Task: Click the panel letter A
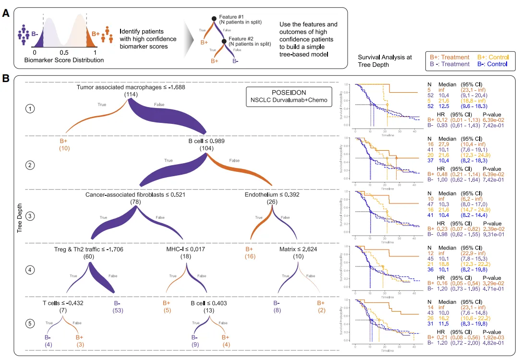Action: [x=6, y=13]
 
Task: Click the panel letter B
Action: [x=6, y=77]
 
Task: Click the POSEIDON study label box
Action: [x=282, y=96]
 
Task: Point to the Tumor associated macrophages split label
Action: [x=131, y=88]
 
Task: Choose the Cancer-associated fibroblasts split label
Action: [x=135, y=195]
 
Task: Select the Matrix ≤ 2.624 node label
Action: [x=298, y=250]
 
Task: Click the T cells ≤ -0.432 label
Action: [x=63, y=303]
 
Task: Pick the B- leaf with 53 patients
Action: [x=117, y=307]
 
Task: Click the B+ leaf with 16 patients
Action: [x=250, y=253]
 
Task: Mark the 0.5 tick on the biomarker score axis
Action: [x=64, y=52]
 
